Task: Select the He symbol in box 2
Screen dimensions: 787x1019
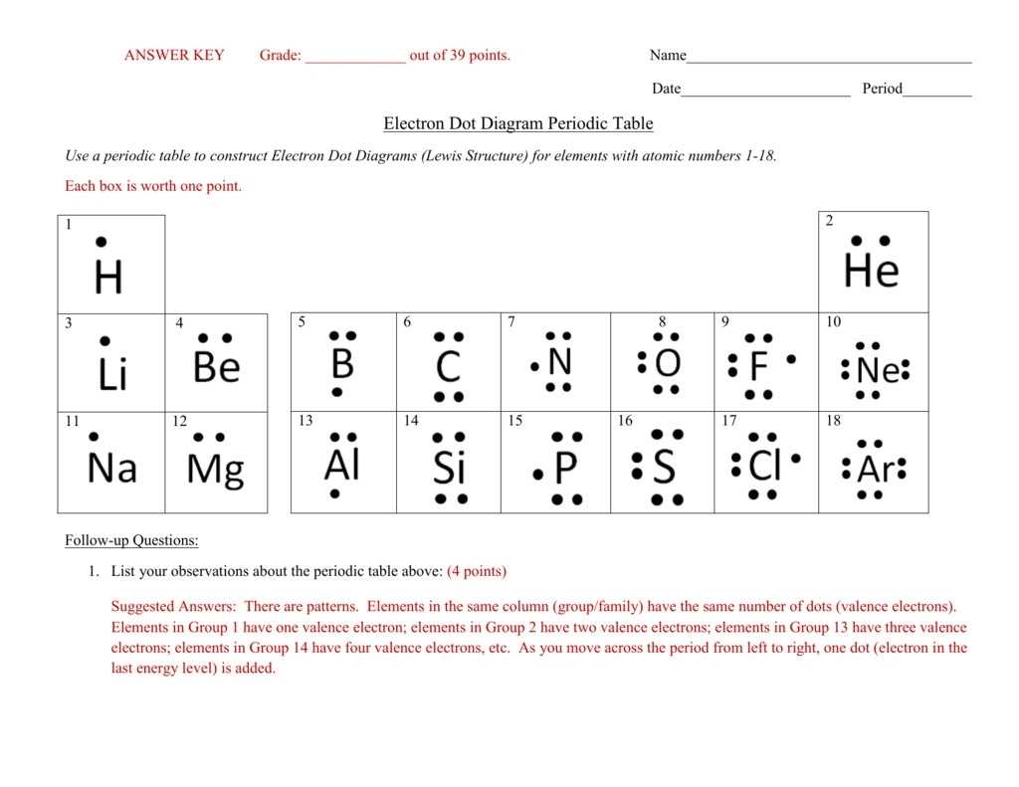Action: click(x=871, y=271)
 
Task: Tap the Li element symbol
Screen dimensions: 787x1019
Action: click(x=112, y=375)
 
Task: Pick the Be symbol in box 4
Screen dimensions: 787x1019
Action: click(x=216, y=367)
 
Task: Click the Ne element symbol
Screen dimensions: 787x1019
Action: click(x=877, y=371)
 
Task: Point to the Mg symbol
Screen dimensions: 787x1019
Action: click(x=215, y=469)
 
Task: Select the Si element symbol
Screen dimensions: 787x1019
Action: click(x=449, y=468)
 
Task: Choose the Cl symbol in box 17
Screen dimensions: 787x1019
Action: click(x=764, y=465)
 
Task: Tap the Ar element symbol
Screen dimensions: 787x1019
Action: click(x=876, y=469)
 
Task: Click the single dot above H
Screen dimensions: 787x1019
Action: click(x=101, y=242)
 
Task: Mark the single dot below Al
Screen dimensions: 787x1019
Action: click(x=335, y=493)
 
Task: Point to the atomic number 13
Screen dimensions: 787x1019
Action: click(x=306, y=421)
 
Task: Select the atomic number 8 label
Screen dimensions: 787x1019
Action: click(x=662, y=321)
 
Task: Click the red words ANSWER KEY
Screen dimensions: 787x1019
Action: click(x=174, y=56)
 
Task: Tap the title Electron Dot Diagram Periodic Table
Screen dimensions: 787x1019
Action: click(x=517, y=123)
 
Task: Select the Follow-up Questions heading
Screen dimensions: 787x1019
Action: click(x=131, y=540)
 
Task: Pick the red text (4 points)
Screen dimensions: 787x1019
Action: click(x=477, y=571)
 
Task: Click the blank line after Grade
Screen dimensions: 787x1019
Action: click(x=355, y=58)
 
